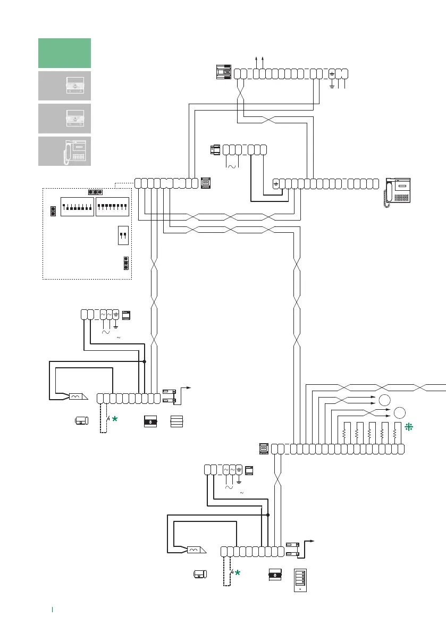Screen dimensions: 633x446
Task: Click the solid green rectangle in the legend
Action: coord(65,53)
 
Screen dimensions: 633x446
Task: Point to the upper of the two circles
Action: coord(384,400)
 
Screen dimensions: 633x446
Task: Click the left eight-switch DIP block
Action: coord(78,206)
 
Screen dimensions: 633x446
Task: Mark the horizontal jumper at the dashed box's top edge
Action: coord(95,192)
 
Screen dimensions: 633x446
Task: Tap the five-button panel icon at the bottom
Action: coord(301,580)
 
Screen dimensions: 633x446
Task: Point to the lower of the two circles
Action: coord(400,412)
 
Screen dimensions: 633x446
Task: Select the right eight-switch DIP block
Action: coord(112,206)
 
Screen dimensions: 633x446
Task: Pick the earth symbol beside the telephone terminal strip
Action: coord(276,184)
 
